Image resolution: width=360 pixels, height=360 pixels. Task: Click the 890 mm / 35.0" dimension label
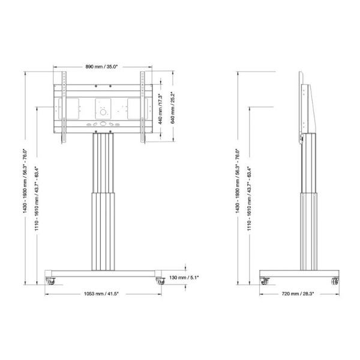point(101,67)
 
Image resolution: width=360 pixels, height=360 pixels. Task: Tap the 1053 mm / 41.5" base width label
point(101,293)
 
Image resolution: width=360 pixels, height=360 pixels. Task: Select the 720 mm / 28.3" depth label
point(298,293)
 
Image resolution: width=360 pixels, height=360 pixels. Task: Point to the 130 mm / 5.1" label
point(184,278)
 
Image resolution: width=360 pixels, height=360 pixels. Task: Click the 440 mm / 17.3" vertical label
point(160,109)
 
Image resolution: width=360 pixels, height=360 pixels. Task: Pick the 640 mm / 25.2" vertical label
point(173,107)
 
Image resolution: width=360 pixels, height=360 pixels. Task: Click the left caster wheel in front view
point(50,281)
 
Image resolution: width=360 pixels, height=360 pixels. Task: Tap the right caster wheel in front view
point(160,281)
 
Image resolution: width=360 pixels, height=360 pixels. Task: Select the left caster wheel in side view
point(265,281)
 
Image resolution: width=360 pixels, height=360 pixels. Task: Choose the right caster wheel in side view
point(335,281)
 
